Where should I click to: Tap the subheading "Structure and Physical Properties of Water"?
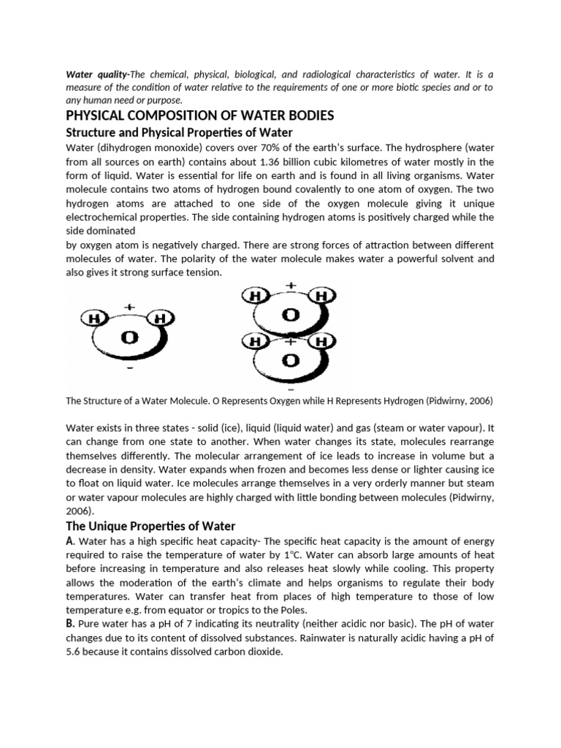179,132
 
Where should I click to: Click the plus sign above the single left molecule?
129,307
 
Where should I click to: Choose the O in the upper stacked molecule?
291,315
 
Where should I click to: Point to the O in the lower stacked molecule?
291,360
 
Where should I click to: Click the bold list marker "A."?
70,541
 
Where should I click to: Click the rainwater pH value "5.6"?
75,652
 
